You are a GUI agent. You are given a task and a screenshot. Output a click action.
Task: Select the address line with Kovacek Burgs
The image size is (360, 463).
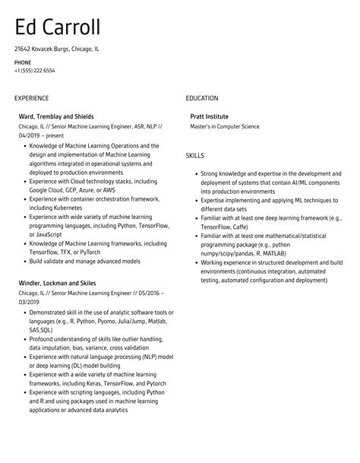[x=56, y=49]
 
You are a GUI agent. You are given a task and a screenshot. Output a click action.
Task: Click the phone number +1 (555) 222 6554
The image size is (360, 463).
[x=34, y=70]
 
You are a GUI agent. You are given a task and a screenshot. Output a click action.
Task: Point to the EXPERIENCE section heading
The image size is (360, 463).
[x=31, y=98]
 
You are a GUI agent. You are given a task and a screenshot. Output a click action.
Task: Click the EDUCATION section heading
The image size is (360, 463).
[x=202, y=98]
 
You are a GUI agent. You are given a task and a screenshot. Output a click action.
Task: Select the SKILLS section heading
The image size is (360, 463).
[x=195, y=155]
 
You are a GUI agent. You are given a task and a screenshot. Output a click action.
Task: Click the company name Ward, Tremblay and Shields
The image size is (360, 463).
[x=56, y=116]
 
